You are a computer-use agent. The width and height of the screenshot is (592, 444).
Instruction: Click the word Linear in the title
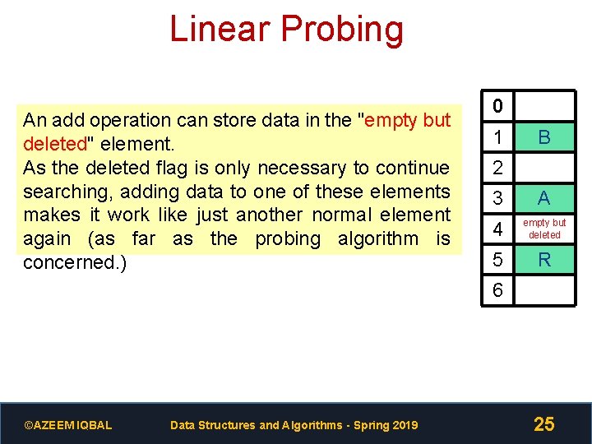[220, 29]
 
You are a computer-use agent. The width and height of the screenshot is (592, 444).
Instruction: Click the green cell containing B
[543, 137]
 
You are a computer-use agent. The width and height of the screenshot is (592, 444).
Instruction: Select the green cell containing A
[543, 198]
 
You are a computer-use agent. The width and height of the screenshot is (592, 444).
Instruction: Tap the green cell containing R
[543, 260]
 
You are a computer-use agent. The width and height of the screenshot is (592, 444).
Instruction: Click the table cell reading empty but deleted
[543, 229]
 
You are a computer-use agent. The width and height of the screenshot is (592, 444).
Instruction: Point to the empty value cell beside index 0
[543, 106]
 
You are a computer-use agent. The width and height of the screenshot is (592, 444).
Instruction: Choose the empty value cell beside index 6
[543, 290]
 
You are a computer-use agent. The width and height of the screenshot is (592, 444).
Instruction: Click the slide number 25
[543, 424]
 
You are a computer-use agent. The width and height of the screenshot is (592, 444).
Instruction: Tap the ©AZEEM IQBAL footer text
[68, 425]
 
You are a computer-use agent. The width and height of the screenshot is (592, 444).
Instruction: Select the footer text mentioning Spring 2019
[294, 425]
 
